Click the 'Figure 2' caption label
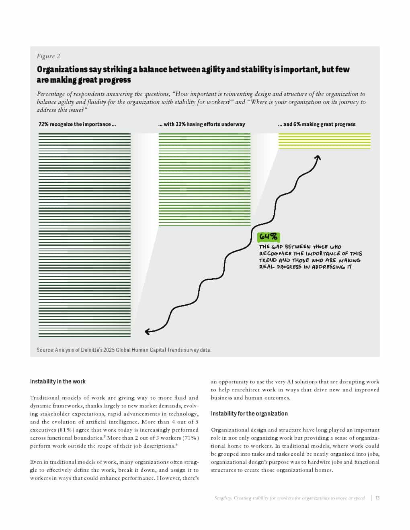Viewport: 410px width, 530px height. tap(48, 56)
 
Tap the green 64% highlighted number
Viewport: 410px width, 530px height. tap(268, 236)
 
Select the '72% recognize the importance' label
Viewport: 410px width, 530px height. tap(77, 124)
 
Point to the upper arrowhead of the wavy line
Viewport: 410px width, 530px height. tap(318, 157)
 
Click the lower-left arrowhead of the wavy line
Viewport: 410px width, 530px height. tap(148, 331)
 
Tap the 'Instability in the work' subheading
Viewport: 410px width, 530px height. tap(58, 381)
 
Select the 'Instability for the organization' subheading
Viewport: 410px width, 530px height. tap(249, 414)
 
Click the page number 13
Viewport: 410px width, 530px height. tap(377, 498)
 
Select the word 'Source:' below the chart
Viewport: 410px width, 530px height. tap(45, 350)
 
